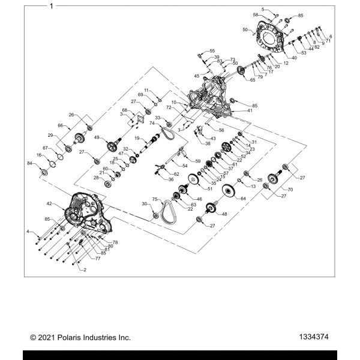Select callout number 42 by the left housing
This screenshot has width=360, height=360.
point(50,204)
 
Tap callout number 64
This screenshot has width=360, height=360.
point(243,198)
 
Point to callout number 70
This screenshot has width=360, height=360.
point(290,190)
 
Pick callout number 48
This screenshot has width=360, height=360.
point(225,214)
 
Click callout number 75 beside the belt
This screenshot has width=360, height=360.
point(154,199)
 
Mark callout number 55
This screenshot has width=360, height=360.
point(212,51)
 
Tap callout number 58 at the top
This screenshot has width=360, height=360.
point(255,14)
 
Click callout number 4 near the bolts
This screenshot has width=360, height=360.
point(27,231)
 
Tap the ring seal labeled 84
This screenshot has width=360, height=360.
point(43,172)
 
